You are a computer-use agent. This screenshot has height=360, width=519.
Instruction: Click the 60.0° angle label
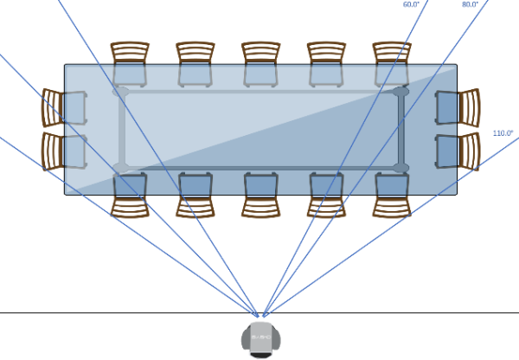[412, 4]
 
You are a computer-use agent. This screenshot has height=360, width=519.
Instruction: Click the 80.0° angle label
[470, 4]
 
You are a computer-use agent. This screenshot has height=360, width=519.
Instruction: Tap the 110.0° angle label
[503, 133]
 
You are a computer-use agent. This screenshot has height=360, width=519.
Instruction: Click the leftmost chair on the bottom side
[131, 195]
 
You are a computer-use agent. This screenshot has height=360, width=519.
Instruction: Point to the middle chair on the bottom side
[260, 195]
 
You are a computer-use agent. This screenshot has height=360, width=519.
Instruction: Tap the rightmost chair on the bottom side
[392, 195]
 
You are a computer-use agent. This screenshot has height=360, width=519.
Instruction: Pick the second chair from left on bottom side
[195, 195]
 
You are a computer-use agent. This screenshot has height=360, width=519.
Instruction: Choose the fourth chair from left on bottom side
[326, 195]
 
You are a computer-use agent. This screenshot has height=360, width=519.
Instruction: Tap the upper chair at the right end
[458, 107]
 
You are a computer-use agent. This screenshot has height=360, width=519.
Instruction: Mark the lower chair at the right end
[458, 151]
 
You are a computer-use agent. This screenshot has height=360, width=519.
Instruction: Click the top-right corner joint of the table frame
[400, 91]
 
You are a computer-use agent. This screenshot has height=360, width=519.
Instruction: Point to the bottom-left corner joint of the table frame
[121, 167]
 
